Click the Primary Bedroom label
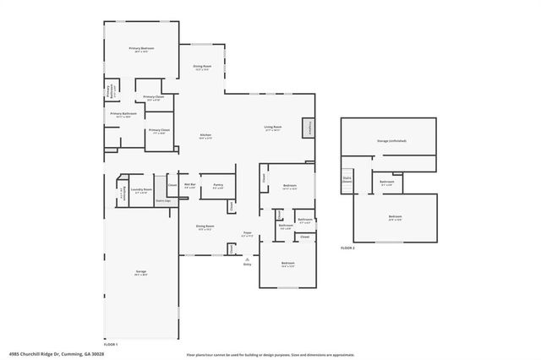pyautogui.click(x=141, y=50)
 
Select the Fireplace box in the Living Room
pyautogui.click(x=310, y=128)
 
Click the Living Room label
pyautogui.click(x=272, y=128)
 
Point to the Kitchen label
pyautogui.click(x=205, y=137)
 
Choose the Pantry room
pyautogui.click(x=217, y=186)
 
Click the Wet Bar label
pyautogui.click(x=190, y=185)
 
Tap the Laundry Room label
pyautogui.click(x=141, y=190)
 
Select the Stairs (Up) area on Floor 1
pyautogui.click(x=164, y=200)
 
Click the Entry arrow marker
pyautogui.click(x=248, y=259)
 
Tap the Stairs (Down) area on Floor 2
pyautogui.click(x=347, y=178)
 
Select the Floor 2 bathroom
pyautogui.click(x=387, y=183)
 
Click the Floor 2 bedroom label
pyautogui.click(x=395, y=218)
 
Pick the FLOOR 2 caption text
pyautogui.click(x=347, y=248)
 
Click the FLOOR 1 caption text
pyautogui.click(x=111, y=345)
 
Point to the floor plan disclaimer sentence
pyautogui.click(x=270, y=355)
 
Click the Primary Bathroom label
pyautogui.click(x=123, y=114)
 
